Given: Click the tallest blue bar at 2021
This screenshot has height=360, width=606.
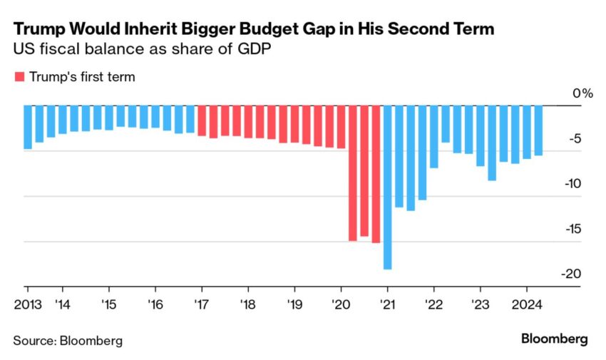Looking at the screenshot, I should (x=387, y=187).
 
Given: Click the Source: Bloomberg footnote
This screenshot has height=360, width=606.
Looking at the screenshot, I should (x=68, y=340).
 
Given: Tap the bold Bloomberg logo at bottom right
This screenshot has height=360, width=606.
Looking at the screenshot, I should (x=555, y=339).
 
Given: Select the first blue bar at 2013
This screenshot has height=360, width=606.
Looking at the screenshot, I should (x=28, y=127).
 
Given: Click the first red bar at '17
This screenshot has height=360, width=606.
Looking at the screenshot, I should (x=202, y=120).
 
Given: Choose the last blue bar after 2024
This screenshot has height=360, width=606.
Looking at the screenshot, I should (x=538, y=130).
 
